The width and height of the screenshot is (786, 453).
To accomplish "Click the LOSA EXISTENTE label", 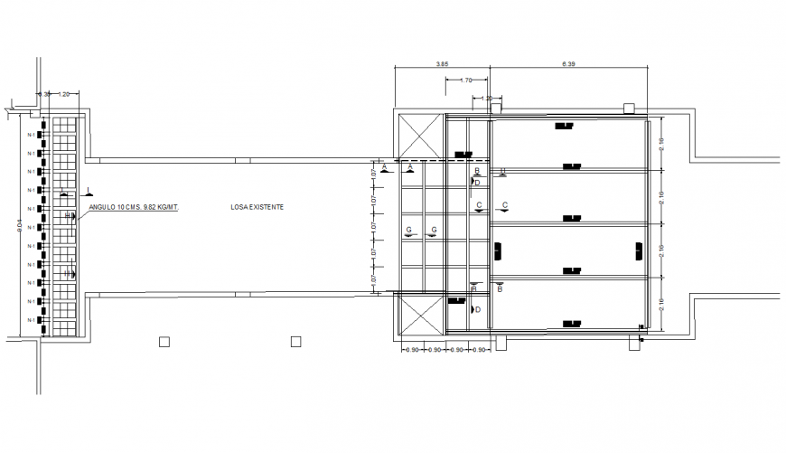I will (257, 208).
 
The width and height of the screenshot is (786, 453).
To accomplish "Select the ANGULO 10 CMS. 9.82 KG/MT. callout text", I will (134, 207).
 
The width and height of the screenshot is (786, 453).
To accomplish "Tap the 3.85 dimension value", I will (443, 65).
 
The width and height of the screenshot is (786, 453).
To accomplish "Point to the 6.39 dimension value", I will (568, 65).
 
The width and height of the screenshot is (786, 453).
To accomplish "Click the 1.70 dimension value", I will (467, 80).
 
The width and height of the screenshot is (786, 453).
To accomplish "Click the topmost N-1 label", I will (32, 135).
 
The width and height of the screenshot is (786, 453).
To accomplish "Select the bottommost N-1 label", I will (32, 320).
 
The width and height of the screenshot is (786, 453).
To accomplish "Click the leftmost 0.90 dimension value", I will (411, 349).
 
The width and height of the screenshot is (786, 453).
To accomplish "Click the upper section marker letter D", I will (477, 182).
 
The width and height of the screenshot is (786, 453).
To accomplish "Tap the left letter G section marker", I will (409, 231).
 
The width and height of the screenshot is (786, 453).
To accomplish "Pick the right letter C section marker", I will (504, 205).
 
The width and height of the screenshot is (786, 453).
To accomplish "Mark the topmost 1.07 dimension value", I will (372, 171).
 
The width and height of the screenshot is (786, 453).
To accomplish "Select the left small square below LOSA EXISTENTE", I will (164, 342).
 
